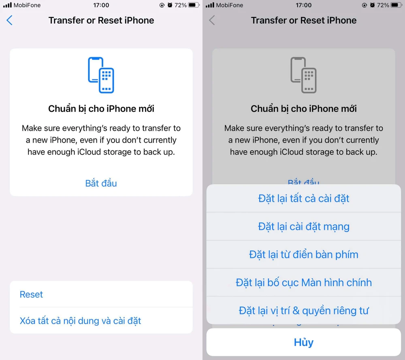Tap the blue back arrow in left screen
10,21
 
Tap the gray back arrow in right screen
212,21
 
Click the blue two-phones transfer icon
101,75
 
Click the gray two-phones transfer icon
303,75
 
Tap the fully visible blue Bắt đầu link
101,183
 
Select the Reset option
31,294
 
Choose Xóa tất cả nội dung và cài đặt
80,321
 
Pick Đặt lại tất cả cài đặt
303,198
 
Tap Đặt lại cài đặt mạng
303,226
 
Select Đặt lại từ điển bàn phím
303,254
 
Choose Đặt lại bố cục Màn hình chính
303,282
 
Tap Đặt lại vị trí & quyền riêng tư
303,311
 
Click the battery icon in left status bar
194,5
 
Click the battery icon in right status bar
396,5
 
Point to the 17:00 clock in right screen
303,5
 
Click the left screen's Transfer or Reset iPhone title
101,21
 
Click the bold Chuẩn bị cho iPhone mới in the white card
101,109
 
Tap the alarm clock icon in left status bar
170,5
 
